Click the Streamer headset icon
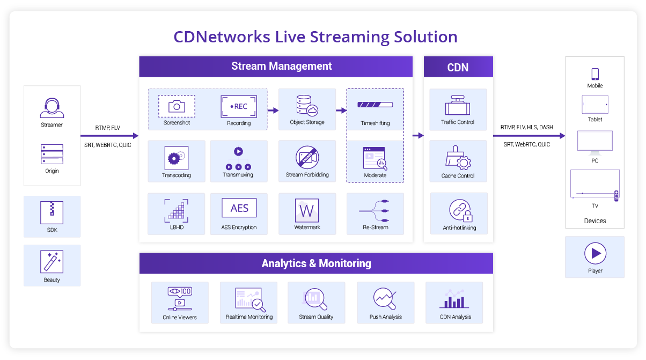52,108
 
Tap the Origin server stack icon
52,154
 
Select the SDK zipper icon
52,212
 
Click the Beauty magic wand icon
52,262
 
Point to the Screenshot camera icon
177,106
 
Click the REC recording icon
239,106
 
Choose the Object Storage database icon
307,106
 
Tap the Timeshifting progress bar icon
375,105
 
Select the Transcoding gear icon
176,158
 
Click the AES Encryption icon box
239,209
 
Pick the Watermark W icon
307,210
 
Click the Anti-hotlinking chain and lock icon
458,211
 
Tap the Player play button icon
595,253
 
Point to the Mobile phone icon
594,74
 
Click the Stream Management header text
281,67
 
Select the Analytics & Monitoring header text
316,263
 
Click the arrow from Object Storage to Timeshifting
341,111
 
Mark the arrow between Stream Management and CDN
418,136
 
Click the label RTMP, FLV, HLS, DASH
526,127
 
